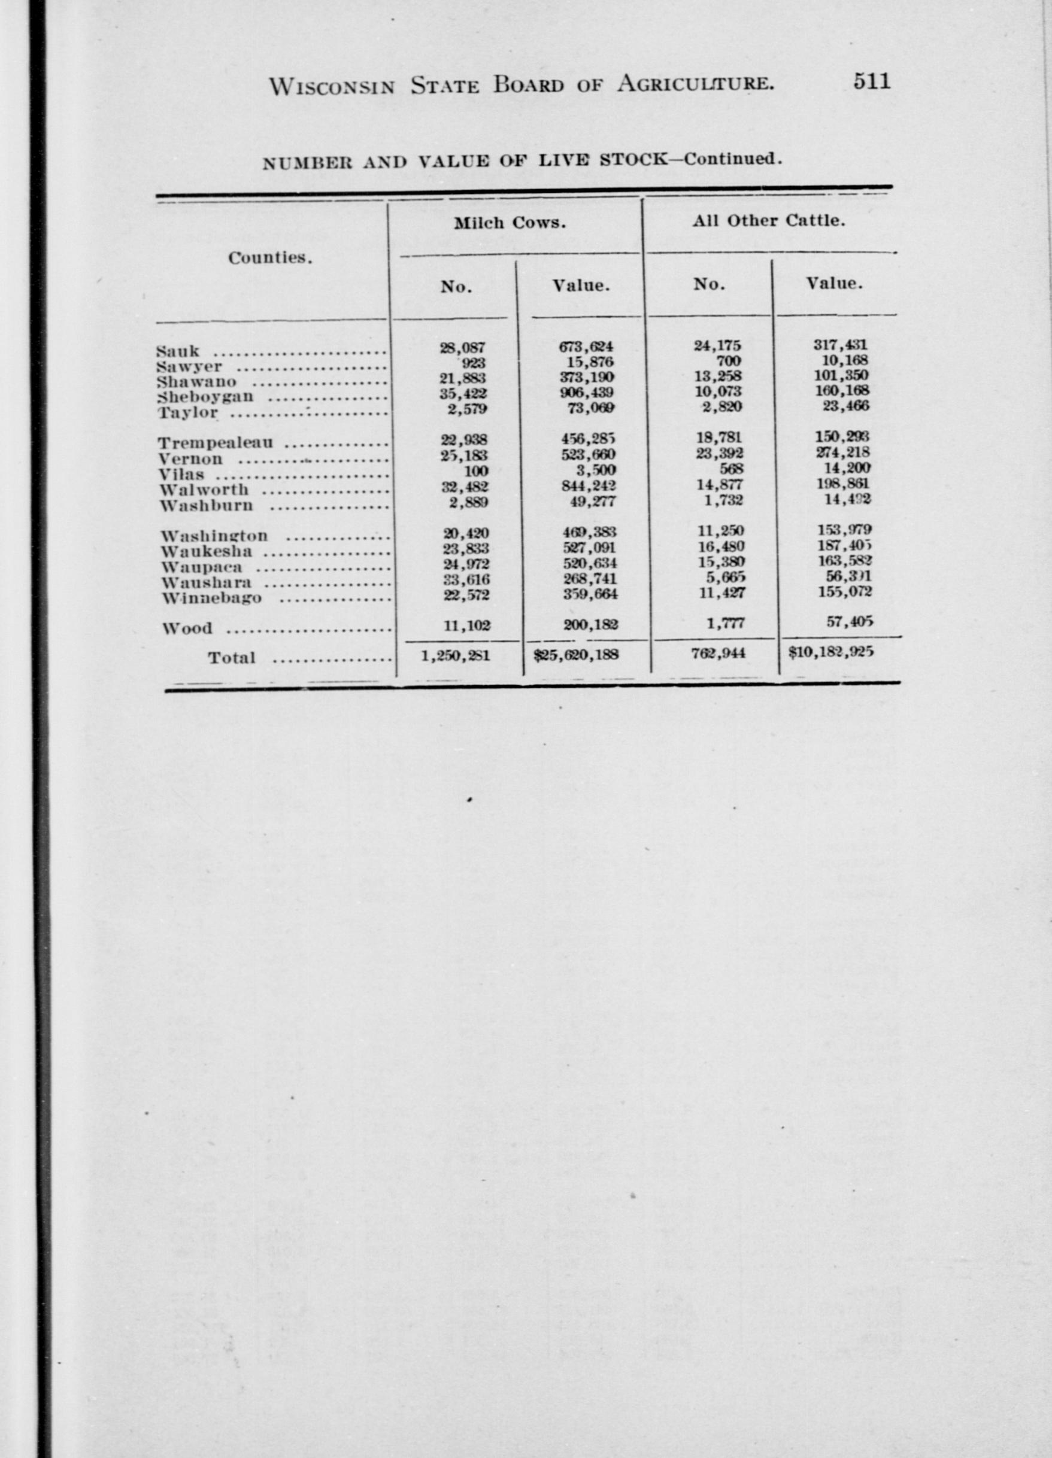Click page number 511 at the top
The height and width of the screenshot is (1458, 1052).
pyautogui.click(x=871, y=81)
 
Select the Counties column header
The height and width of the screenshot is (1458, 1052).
pyautogui.click(x=270, y=258)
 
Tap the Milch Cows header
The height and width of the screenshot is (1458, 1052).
pyautogui.click(x=510, y=223)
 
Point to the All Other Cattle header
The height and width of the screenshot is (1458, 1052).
pyautogui.click(x=768, y=220)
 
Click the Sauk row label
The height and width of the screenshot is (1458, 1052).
pyautogui.click(x=177, y=351)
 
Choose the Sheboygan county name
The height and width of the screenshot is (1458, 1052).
pyautogui.click(x=206, y=397)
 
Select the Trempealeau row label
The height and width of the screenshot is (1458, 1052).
pyautogui.click(x=216, y=443)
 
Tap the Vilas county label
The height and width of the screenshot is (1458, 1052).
pyautogui.click(x=182, y=475)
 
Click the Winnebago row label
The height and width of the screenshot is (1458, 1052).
pyautogui.click(x=212, y=598)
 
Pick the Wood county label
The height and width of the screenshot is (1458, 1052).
pyautogui.click(x=187, y=628)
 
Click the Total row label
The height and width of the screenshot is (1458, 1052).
pyautogui.click(x=232, y=658)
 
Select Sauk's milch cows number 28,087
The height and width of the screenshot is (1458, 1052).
pyautogui.click(x=463, y=347)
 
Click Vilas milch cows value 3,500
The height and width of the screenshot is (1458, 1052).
pyautogui.click(x=596, y=471)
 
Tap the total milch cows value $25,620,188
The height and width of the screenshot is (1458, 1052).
pyautogui.click(x=576, y=655)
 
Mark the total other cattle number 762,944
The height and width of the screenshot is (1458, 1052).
pyautogui.click(x=718, y=653)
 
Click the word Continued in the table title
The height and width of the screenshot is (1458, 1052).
pyautogui.click(x=732, y=159)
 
